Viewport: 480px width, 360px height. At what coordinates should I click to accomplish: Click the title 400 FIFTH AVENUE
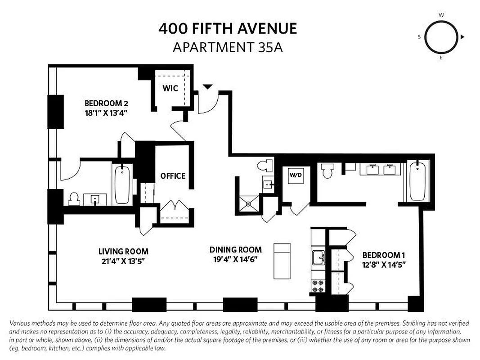tap(228, 29)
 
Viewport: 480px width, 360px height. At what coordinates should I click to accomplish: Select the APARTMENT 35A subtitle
tap(228, 47)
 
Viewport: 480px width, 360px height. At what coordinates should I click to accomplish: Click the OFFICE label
tap(173, 176)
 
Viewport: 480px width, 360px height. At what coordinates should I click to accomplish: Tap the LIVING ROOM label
tap(123, 252)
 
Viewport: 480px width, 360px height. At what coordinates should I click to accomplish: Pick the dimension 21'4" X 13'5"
tap(123, 261)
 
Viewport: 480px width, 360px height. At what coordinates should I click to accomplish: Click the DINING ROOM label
tap(235, 250)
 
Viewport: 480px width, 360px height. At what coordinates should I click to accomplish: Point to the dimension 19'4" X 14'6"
tap(235, 259)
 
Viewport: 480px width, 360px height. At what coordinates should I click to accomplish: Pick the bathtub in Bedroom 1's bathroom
tap(417, 181)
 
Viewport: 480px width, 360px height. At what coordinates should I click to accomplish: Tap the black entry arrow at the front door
tap(207, 86)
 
